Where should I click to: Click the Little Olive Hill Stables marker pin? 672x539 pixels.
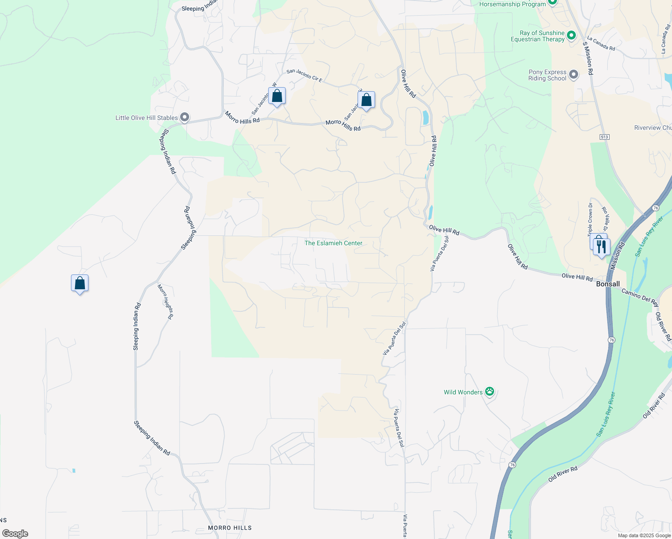184,118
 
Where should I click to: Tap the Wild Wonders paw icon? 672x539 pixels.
490,392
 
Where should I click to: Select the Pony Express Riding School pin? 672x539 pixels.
573,75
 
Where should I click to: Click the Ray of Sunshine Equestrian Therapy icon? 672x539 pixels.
571,35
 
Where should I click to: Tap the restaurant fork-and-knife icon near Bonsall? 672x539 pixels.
601,247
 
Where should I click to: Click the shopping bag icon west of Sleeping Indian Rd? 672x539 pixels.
80,283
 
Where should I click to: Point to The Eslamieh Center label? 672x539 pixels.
333,243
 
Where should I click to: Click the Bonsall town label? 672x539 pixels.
608,284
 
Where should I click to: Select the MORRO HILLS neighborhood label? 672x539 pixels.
230,528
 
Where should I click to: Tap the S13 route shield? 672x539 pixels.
605,137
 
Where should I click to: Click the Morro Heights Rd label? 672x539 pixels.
165,302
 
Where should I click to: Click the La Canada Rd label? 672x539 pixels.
601,44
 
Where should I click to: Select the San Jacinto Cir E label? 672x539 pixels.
304,75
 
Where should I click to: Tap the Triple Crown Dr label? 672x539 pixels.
590,219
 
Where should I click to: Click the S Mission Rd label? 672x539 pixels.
588,58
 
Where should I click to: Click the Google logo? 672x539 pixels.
15,533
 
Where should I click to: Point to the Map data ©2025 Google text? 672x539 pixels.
644,535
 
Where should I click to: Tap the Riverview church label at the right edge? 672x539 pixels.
653,128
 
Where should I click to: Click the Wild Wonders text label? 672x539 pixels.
463,392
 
